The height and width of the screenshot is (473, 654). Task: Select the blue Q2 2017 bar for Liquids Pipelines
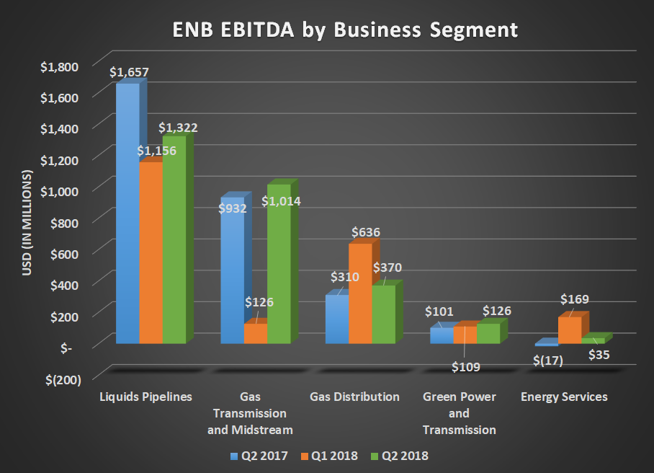point(127,216)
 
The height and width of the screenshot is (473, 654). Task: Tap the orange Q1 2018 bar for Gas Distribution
point(360,296)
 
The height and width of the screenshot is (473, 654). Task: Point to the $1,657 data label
point(129,72)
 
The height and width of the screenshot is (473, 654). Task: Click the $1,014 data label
point(281,202)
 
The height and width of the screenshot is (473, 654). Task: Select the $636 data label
point(366,232)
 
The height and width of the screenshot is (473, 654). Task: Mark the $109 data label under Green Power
point(465,366)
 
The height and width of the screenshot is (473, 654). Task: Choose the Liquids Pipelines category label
point(146,397)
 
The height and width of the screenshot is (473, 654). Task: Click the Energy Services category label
point(565,397)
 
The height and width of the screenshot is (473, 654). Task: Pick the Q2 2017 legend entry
point(259,456)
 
